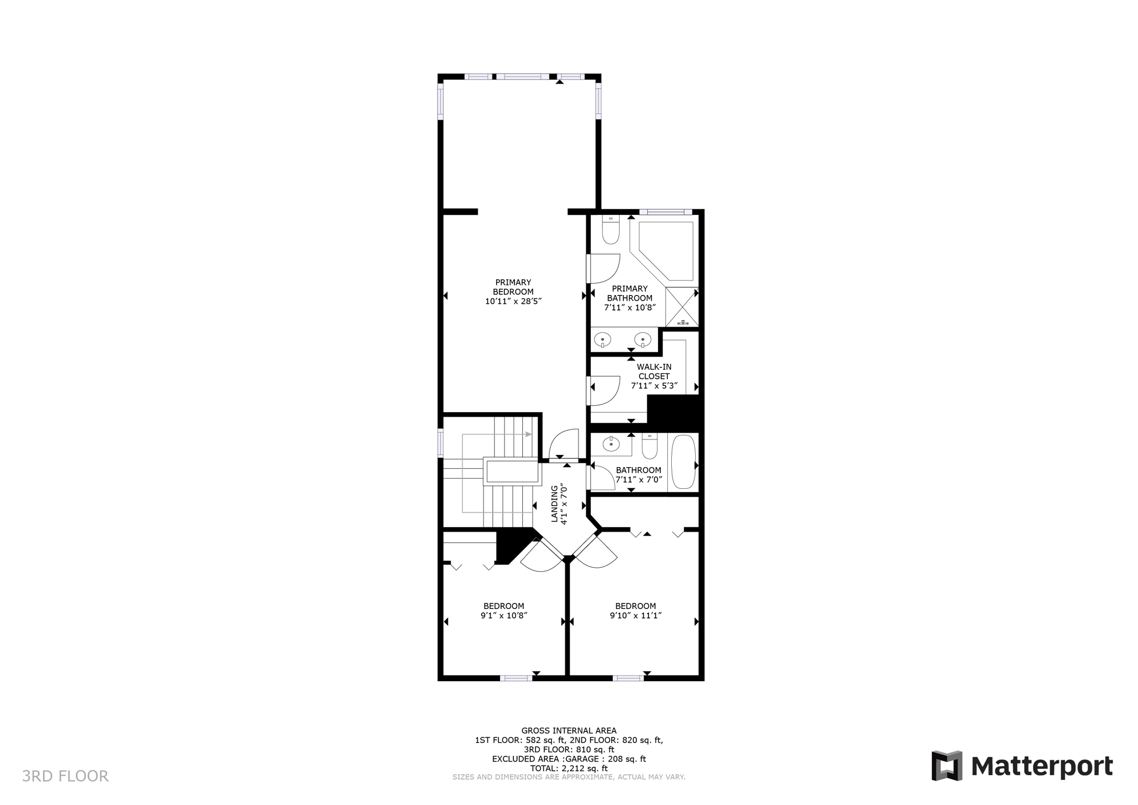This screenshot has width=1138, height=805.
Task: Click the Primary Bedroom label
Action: (x=513, y=287)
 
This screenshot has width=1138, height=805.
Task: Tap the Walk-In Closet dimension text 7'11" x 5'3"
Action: (x=654, y=386)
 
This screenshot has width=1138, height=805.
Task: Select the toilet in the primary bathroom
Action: (x=611, y=231)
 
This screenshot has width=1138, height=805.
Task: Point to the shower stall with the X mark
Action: (x=682, y=307)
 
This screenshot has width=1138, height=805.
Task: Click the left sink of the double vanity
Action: (x=602, y=339)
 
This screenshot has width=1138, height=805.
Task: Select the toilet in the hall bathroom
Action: (x=650, y=446)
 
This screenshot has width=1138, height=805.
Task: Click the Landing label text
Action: (x=554, y=503)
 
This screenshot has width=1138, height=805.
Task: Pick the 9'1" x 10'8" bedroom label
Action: (x=503, y=611)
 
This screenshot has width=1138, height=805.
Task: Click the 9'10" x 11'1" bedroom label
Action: (x=635, y=611)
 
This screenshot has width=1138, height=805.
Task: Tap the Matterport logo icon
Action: (x=947, y=766)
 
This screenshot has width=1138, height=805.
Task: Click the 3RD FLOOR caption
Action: (x=65, y=776)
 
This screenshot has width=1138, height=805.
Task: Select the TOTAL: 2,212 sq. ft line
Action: (x=568, y=768)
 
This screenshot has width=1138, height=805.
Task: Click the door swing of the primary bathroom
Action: (x=605, y=268)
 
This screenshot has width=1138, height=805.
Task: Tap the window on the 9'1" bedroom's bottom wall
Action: (x=516, y=678)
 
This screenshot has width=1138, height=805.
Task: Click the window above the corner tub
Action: (x=665, y=212)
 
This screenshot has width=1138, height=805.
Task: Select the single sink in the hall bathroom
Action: (x=611, y=444)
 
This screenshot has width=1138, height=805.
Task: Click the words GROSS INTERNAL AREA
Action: (x=568, y=731)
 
